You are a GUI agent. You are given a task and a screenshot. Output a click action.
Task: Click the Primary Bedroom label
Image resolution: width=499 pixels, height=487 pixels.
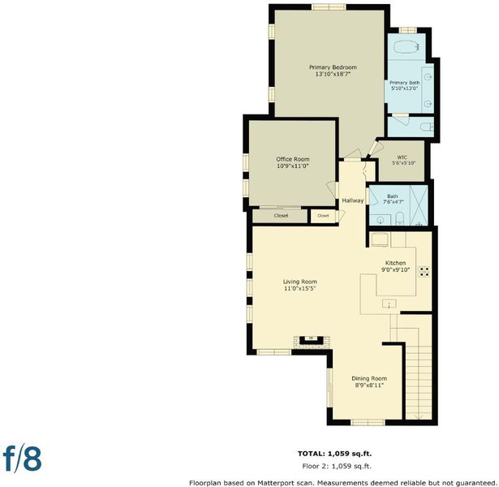pos(333,67)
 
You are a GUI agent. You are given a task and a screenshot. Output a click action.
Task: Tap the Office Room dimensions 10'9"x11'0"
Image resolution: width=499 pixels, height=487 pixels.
pos(293,166)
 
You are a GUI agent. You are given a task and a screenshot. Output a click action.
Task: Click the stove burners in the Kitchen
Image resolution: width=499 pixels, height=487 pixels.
pos(424,272)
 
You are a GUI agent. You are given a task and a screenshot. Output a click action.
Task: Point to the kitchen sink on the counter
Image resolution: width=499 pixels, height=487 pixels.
pos(389,304)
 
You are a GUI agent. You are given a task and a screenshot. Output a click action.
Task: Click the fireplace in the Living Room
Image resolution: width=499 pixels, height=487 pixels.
pos(312,342)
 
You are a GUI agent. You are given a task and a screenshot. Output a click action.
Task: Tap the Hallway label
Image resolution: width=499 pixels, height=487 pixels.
pos(353,200)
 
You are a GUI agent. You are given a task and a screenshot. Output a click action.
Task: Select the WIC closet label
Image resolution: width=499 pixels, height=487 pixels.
pos(402,157)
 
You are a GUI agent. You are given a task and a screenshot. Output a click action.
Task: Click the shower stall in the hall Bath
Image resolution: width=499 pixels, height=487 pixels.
pos(419,205)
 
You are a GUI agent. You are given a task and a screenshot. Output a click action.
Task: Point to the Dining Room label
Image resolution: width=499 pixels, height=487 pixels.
pos(369,378)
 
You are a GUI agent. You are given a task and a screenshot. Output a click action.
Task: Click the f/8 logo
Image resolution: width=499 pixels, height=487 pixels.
pos(22,459)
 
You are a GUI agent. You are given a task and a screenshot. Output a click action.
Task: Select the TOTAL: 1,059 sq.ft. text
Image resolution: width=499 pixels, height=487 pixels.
pos(335,454)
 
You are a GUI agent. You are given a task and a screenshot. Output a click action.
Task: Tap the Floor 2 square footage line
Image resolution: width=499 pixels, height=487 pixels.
pos(337,467)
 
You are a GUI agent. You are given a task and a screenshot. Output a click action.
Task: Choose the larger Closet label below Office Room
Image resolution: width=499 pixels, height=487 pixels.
pos(281,215)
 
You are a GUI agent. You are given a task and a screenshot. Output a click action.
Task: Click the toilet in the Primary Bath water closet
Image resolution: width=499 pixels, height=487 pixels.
pos(427,127)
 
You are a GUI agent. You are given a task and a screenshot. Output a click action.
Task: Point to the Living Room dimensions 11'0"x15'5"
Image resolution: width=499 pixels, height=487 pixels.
pos(299,288)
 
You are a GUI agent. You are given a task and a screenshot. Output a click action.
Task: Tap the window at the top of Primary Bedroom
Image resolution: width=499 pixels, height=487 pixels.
pos(329,6)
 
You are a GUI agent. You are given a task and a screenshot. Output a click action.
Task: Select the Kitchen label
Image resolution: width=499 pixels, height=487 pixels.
pos(396,263)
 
